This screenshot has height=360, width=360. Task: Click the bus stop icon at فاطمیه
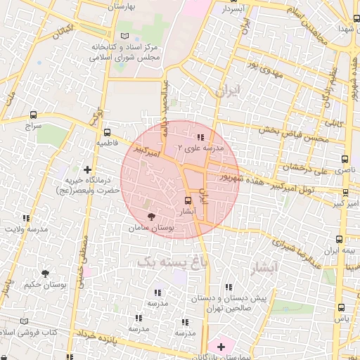click(107, 131)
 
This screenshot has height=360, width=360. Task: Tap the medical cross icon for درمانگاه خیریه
click(87, 169)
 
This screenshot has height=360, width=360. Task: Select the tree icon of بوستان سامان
click(150, 217)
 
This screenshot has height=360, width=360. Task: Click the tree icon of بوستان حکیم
click(46, 273)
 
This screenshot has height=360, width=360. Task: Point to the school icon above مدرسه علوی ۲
click(200, 137)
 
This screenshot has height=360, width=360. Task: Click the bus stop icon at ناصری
click(344, 160)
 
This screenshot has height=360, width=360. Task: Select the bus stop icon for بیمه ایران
click(340, 240)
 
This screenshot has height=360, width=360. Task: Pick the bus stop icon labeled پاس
click(341, 307)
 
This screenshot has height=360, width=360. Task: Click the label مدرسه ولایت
click(27, 229)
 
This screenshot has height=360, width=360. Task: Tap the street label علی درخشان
click(304, 168)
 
